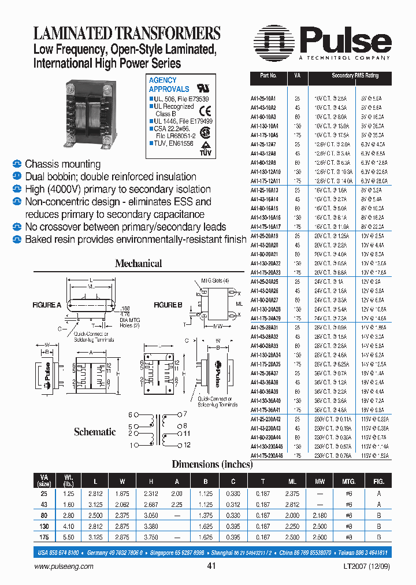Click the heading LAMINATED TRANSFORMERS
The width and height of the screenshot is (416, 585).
[x=127, y=33]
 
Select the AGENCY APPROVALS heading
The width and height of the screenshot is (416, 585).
[x=169, y=84]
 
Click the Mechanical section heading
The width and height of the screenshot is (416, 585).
[x=138, y=264]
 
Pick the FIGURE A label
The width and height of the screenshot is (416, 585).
[x=47, y=304]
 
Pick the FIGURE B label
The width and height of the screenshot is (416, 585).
[x=168, y=304]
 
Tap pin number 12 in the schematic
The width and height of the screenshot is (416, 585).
[x=187, y=445]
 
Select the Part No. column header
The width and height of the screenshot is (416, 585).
[x=269, y=76]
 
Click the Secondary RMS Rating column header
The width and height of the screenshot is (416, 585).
[x=355, y=76]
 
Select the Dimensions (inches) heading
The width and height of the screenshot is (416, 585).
[x=212, y=464]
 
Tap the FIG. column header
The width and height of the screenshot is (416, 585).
[x=378, y=480]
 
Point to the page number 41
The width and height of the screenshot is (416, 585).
[x=211, y=567]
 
